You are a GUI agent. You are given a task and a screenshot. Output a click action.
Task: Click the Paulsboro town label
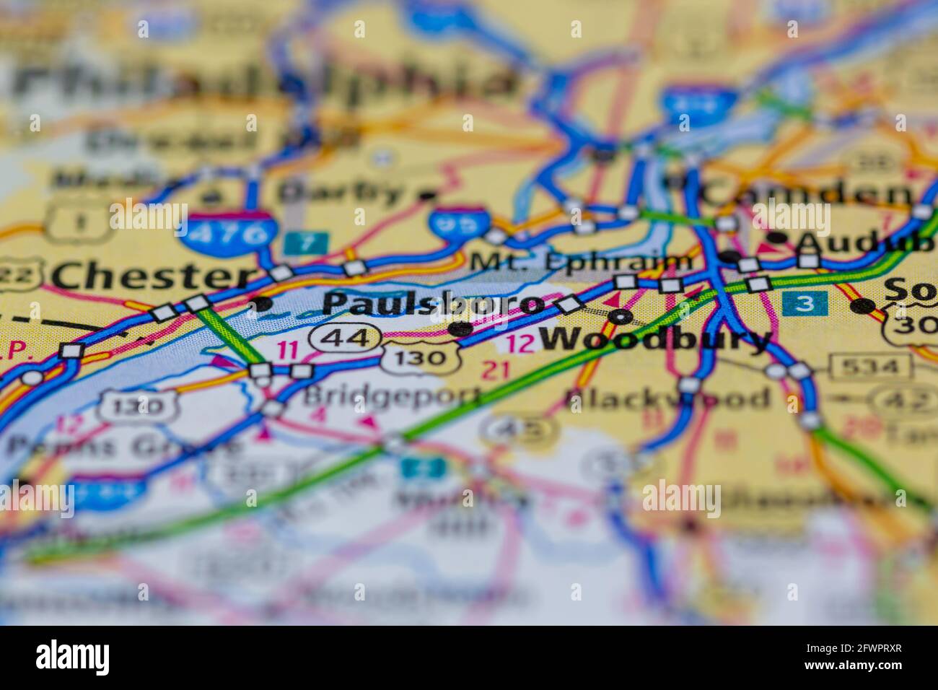pyautogui.click(x=433, y=304)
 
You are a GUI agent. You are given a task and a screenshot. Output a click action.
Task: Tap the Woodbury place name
pyautogui.click(x=655, y=339)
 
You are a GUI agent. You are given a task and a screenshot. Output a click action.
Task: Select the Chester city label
pyautogui.click(x=153, y=276)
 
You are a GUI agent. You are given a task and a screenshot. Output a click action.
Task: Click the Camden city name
pyautogui.click(x=807, y=193)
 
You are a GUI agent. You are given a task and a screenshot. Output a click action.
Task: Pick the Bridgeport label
pyautogui.click(x=391, y=396)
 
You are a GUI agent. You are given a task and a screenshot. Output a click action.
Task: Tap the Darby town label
pyautogui.click(x=342, y=192)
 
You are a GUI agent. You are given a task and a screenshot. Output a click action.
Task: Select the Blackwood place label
pyautogui.click(x=667, y=398)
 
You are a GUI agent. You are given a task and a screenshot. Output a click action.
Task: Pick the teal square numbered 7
pyautogui.click(x=306, y=243)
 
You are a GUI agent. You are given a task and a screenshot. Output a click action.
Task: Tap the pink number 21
pyautogui.click(x=496, y=371)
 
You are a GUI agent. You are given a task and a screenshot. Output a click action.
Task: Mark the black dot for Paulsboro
pyautogui.click(x=460, y=329)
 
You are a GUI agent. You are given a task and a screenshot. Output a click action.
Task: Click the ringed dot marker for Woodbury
pyautogui.click(x=621, y=316)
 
